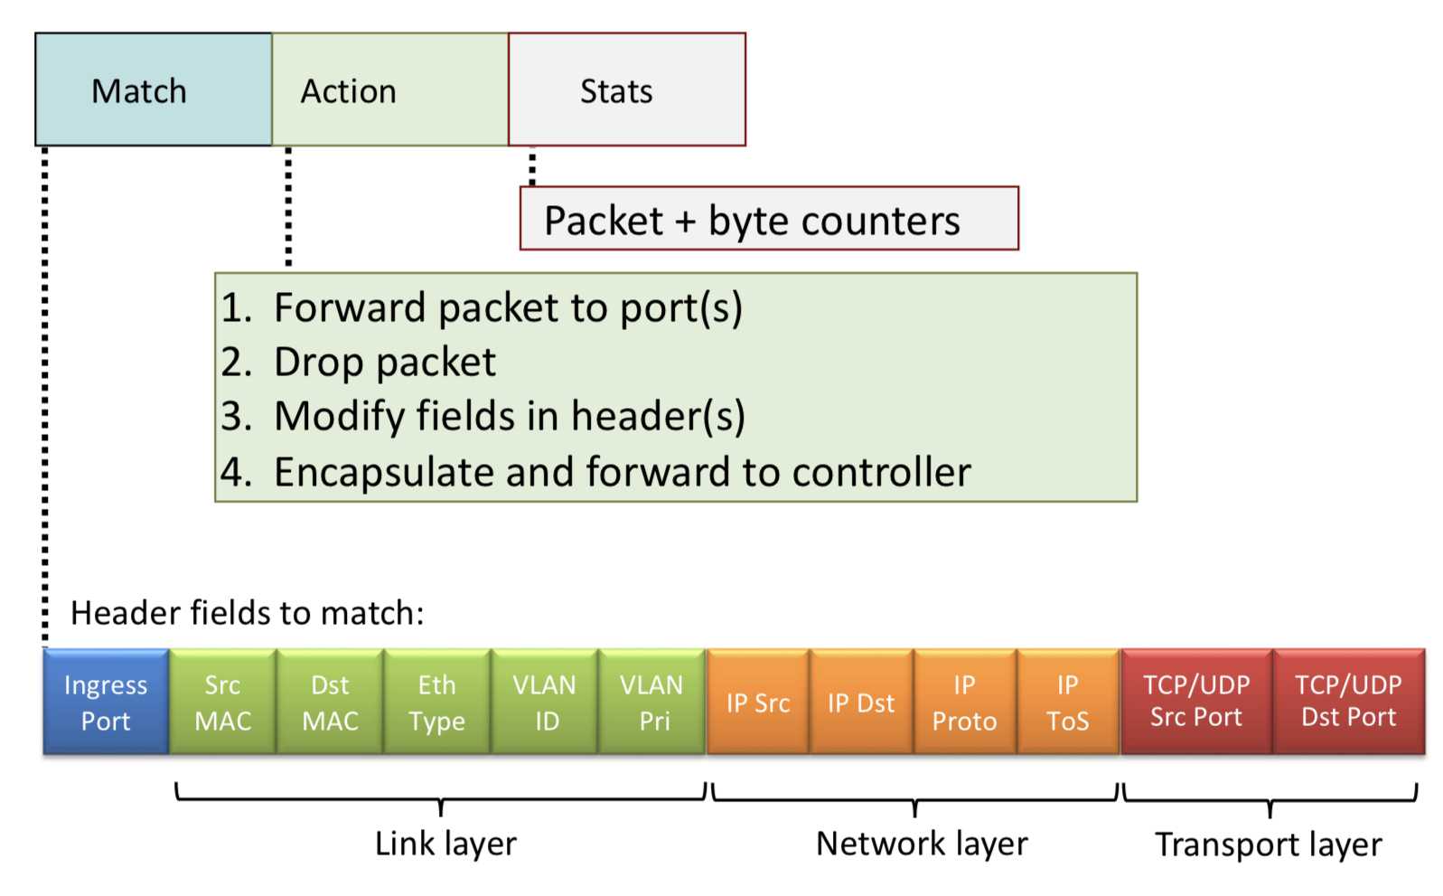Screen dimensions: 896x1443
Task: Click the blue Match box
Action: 153,90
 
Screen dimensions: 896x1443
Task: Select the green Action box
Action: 389,90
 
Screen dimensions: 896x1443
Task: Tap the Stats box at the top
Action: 626,90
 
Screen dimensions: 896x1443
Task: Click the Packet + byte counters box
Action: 768,220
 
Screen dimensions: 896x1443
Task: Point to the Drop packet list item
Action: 385,363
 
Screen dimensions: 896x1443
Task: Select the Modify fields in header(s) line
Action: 510,417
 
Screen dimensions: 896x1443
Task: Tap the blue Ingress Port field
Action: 106,703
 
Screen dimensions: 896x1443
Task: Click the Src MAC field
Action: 222,703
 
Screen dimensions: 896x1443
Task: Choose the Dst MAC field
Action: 330,703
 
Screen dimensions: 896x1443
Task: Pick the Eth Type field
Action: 436,703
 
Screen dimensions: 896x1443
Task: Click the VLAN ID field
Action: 544,703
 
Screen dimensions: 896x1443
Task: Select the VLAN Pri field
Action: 651,703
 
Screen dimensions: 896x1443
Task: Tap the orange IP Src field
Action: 758,703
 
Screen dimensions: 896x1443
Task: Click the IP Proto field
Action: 964,703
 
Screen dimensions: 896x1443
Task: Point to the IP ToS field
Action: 1067,703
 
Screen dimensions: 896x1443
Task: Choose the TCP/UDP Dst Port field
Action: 1348,703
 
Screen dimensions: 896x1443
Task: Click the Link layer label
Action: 445,844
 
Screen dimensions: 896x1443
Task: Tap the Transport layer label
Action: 1268,844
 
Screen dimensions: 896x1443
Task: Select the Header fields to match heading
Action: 247,613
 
